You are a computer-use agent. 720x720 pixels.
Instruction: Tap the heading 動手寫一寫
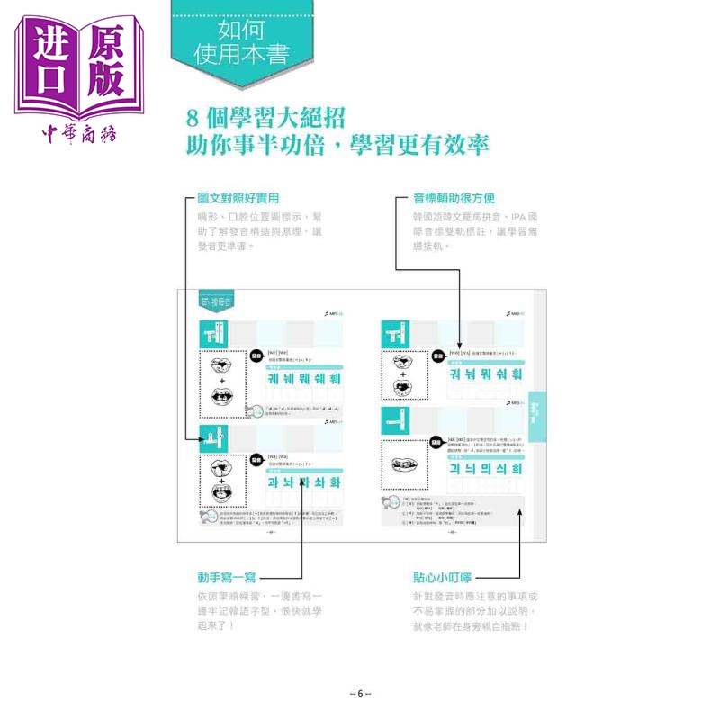click(233, 576)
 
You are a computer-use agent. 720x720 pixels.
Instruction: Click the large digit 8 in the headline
click(191, 118)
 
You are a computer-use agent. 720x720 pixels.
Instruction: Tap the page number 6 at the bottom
click(359, 692)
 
